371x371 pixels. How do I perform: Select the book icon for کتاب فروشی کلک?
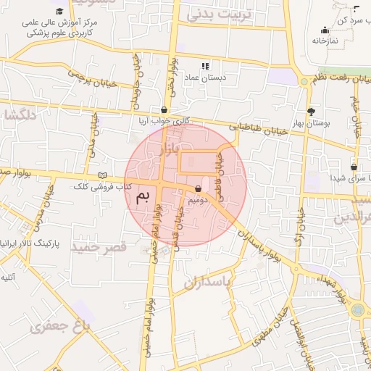pyautogui.click(x=102, y=176)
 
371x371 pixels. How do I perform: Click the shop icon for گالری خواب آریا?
pyautogui.click(x=164, y=110)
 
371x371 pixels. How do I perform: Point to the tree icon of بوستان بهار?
pyautogui.click(x=311, y=112)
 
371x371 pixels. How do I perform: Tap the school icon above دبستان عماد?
pyautogui.click(x=206, y=66)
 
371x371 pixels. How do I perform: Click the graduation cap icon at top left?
pyautogui.click(x=59, y=11)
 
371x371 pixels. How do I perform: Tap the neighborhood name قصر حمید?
pyautogui.click(x=99, y=247)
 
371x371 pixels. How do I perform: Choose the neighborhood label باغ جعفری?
pyautogui.click(x=59, y=327)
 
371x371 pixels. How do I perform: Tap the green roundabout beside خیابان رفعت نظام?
pyautogui.click(x=304, y=82)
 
